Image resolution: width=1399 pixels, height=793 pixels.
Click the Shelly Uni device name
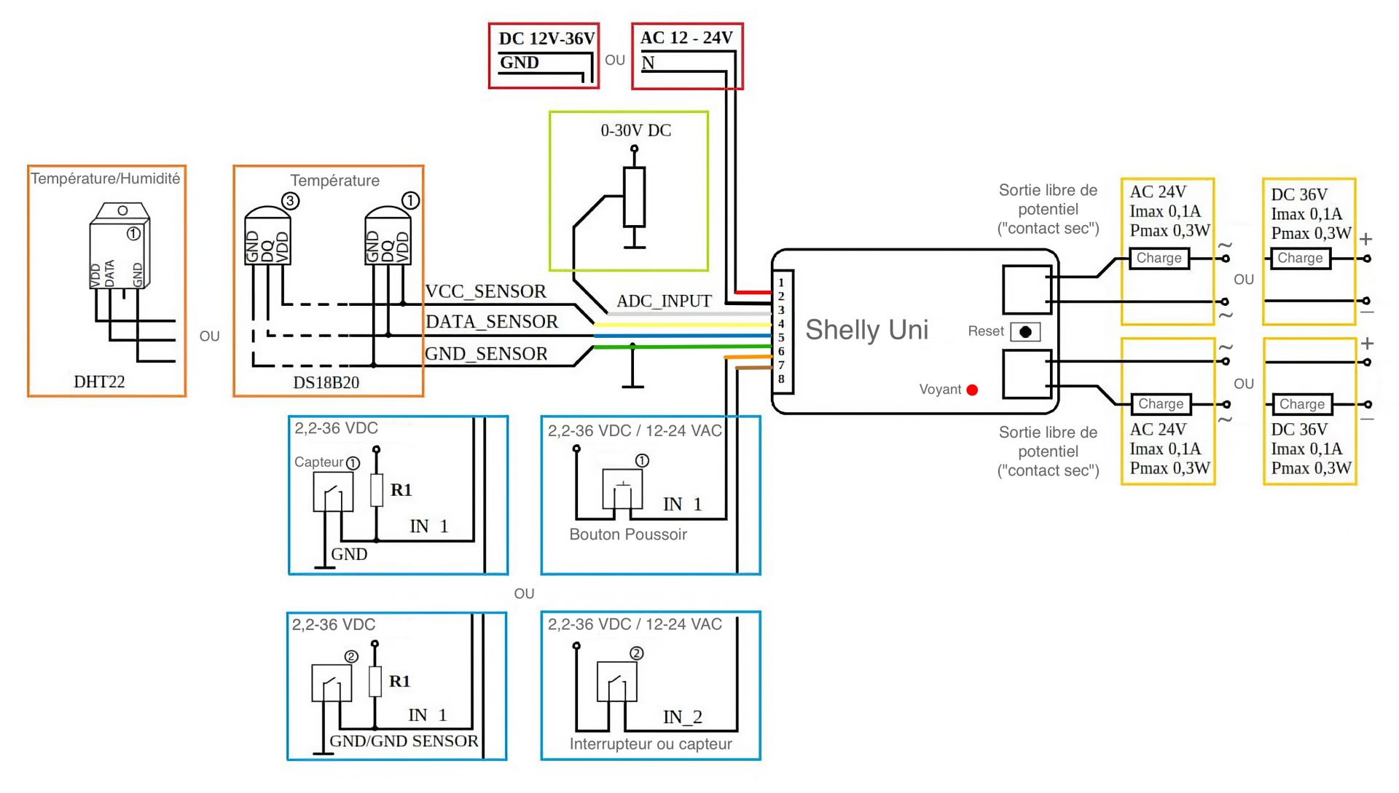pos(866,330)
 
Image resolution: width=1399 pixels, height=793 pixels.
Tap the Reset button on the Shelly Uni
pos(1025,332)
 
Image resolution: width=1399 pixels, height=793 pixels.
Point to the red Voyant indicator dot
pos(971,390)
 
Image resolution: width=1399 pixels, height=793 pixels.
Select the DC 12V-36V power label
pos(546,39)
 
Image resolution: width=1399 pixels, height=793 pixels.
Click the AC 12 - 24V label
pos(686,38)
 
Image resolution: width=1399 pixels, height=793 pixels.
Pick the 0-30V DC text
pos(635,130)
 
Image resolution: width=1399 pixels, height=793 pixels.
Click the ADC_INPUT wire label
pos(664,301)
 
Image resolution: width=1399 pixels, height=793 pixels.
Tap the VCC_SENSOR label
pos(485,291)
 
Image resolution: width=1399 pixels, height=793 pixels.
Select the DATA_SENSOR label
pos(492,322)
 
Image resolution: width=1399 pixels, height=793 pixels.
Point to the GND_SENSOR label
pos(486,354)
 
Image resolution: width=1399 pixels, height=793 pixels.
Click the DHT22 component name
pos(99,382)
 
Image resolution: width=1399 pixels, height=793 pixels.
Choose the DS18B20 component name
pos(326,382)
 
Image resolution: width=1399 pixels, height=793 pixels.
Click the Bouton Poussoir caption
pos(628,534)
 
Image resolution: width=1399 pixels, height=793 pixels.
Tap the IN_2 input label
pos(682,717)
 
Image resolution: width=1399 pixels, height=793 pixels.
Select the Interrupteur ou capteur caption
pos(650,744)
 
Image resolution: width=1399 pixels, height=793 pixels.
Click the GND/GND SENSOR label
pos(404,741)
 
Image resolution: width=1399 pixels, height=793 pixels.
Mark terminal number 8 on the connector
pos(781,379)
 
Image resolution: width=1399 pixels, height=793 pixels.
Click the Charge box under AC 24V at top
pos(1159,259)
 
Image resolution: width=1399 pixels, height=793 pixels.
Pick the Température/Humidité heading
pos(106,178)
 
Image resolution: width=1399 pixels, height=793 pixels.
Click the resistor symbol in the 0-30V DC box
pos(634,197)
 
